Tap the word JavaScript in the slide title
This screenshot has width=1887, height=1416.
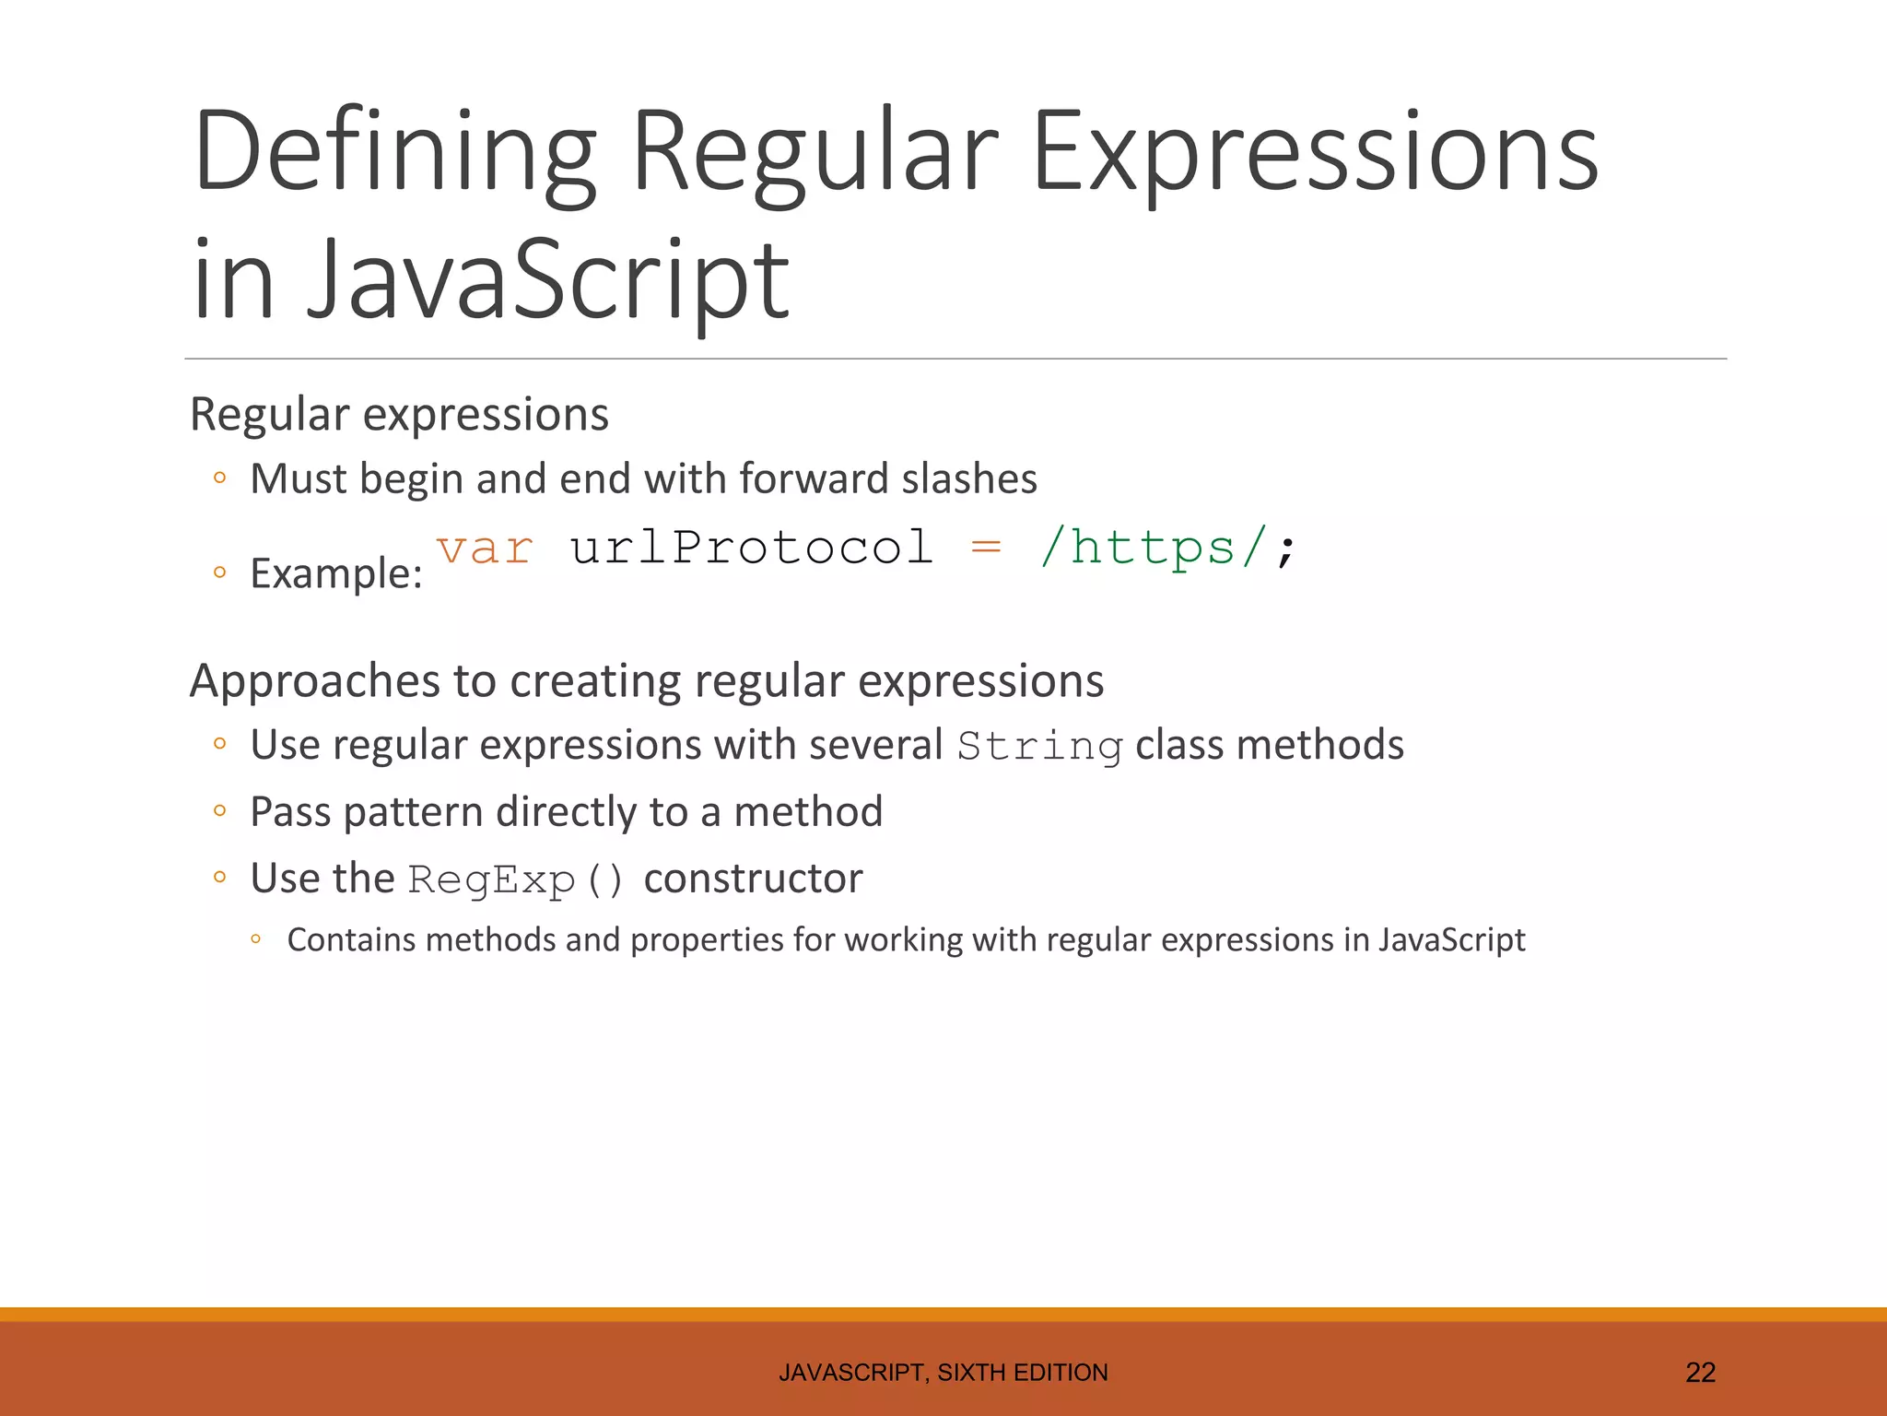tap(547, 279)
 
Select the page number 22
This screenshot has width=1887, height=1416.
tap(1700, 1373)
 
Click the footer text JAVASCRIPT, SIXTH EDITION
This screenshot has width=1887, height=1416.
tap(943, 1373)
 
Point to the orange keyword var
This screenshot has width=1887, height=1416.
tap(485, 549)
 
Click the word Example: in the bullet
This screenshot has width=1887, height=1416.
tap(336, 573)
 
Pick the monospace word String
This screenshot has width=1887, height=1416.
tap(1039, 747)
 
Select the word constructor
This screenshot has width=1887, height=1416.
tap(753, 878)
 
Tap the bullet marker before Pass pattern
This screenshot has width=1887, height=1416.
tap(219, 811)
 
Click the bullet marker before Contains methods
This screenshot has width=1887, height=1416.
tap(256, 939)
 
